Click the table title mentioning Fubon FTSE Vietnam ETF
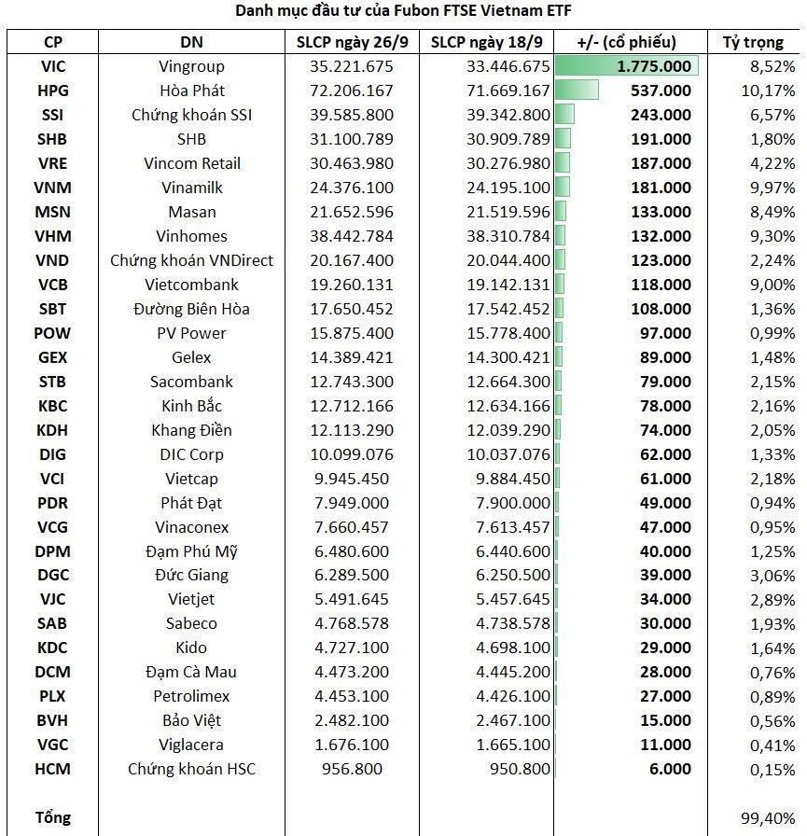pyautogui.click(x=403, y=11)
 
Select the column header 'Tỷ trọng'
pyautogui.click(x=751, y=42)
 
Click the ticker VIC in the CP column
pyautogui.click(x=53, y=66)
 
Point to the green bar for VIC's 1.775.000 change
pyautogui.click(x=625, y=66)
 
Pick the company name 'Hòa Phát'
pyautogui.click(x=191, y=91)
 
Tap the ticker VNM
pyautogui.click(x=53, y=188)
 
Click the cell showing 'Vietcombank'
pyautogui.click(x=191, y=285)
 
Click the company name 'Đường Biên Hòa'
pyautogui.click(x=191, y=309)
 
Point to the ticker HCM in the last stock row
pyautogui.click(x=53, y=769)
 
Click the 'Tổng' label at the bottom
pyautogui.click(x=53, y=817)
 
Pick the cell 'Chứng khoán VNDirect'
pyautogui.click(x=191, y=260)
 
